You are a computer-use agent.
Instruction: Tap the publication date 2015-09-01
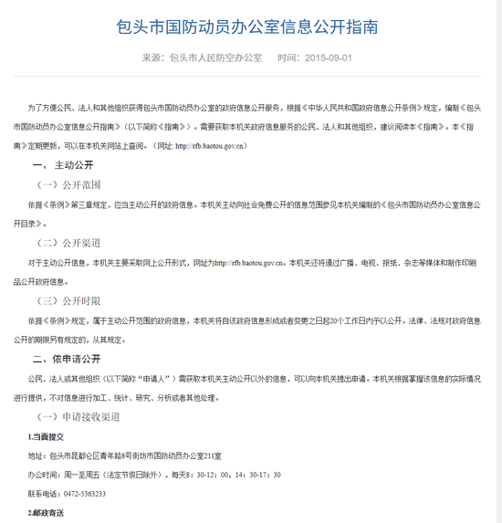click(x=329, y=58)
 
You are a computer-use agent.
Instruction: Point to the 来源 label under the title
click(x=152, y=58)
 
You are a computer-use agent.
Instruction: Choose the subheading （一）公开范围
click(x=68, y=185)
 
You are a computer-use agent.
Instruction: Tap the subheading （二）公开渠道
click(x=68, y=243)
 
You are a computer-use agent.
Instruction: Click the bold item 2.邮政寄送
click(x=46, y=513)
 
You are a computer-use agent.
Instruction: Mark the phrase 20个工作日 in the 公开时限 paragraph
click(x=343, y=320)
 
